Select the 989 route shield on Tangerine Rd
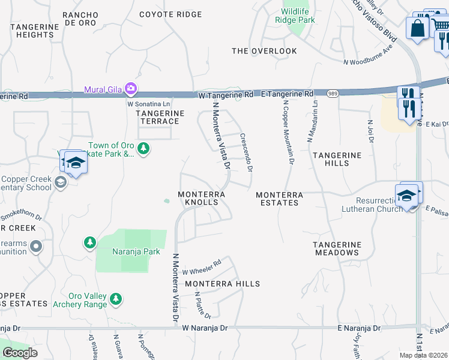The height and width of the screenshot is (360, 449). point(333,94)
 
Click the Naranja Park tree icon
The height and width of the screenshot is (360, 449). point(90,242)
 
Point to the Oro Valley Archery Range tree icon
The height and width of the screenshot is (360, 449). point(116,298)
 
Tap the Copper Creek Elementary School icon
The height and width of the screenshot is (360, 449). point(60,182)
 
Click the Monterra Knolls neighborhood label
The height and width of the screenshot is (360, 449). point(201,199)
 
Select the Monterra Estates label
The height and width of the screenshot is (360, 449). point(277,199)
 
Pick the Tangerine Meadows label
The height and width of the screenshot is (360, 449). point(337,248)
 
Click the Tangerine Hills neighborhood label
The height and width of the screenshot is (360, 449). point(337,159)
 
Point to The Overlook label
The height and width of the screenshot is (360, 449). point(264,51)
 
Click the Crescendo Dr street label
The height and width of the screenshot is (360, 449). point(246,152)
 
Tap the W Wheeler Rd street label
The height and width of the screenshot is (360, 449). point(202,266)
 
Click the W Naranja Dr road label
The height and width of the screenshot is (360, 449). point(205,328)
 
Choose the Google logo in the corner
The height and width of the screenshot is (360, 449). point(20,353)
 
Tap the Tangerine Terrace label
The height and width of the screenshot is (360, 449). point(158,117)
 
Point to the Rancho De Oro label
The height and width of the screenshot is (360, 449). point(80,19)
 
